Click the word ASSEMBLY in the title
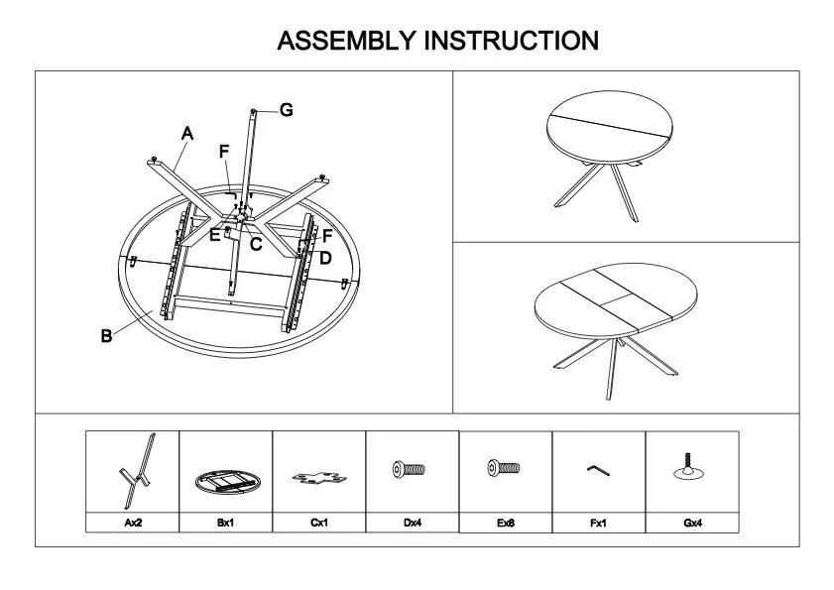[x=346, y=41]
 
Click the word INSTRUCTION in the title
[x=512, y=41]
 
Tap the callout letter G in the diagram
[x=287, y=110]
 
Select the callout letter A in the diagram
[x=187, y=133]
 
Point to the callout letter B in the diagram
[x=106, y=336]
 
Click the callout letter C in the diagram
[x=256, y=244]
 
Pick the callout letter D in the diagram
[x=325, y=258]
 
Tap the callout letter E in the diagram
[x=214, y=235]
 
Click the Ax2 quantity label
[x=133, y=523]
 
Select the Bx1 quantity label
[x=225, y=523]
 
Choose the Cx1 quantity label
[x=319, y=523]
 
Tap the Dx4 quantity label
[x=413, y=523]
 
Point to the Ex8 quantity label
[x=506, y=523]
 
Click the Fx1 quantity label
[x=598, y=523]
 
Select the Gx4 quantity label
[x=692, y=523]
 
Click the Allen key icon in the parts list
[x=598, y=470]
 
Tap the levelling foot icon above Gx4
[x=688, y=466]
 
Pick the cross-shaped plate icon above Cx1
[x=319, y=477]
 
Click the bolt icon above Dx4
[x=409, y=469]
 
